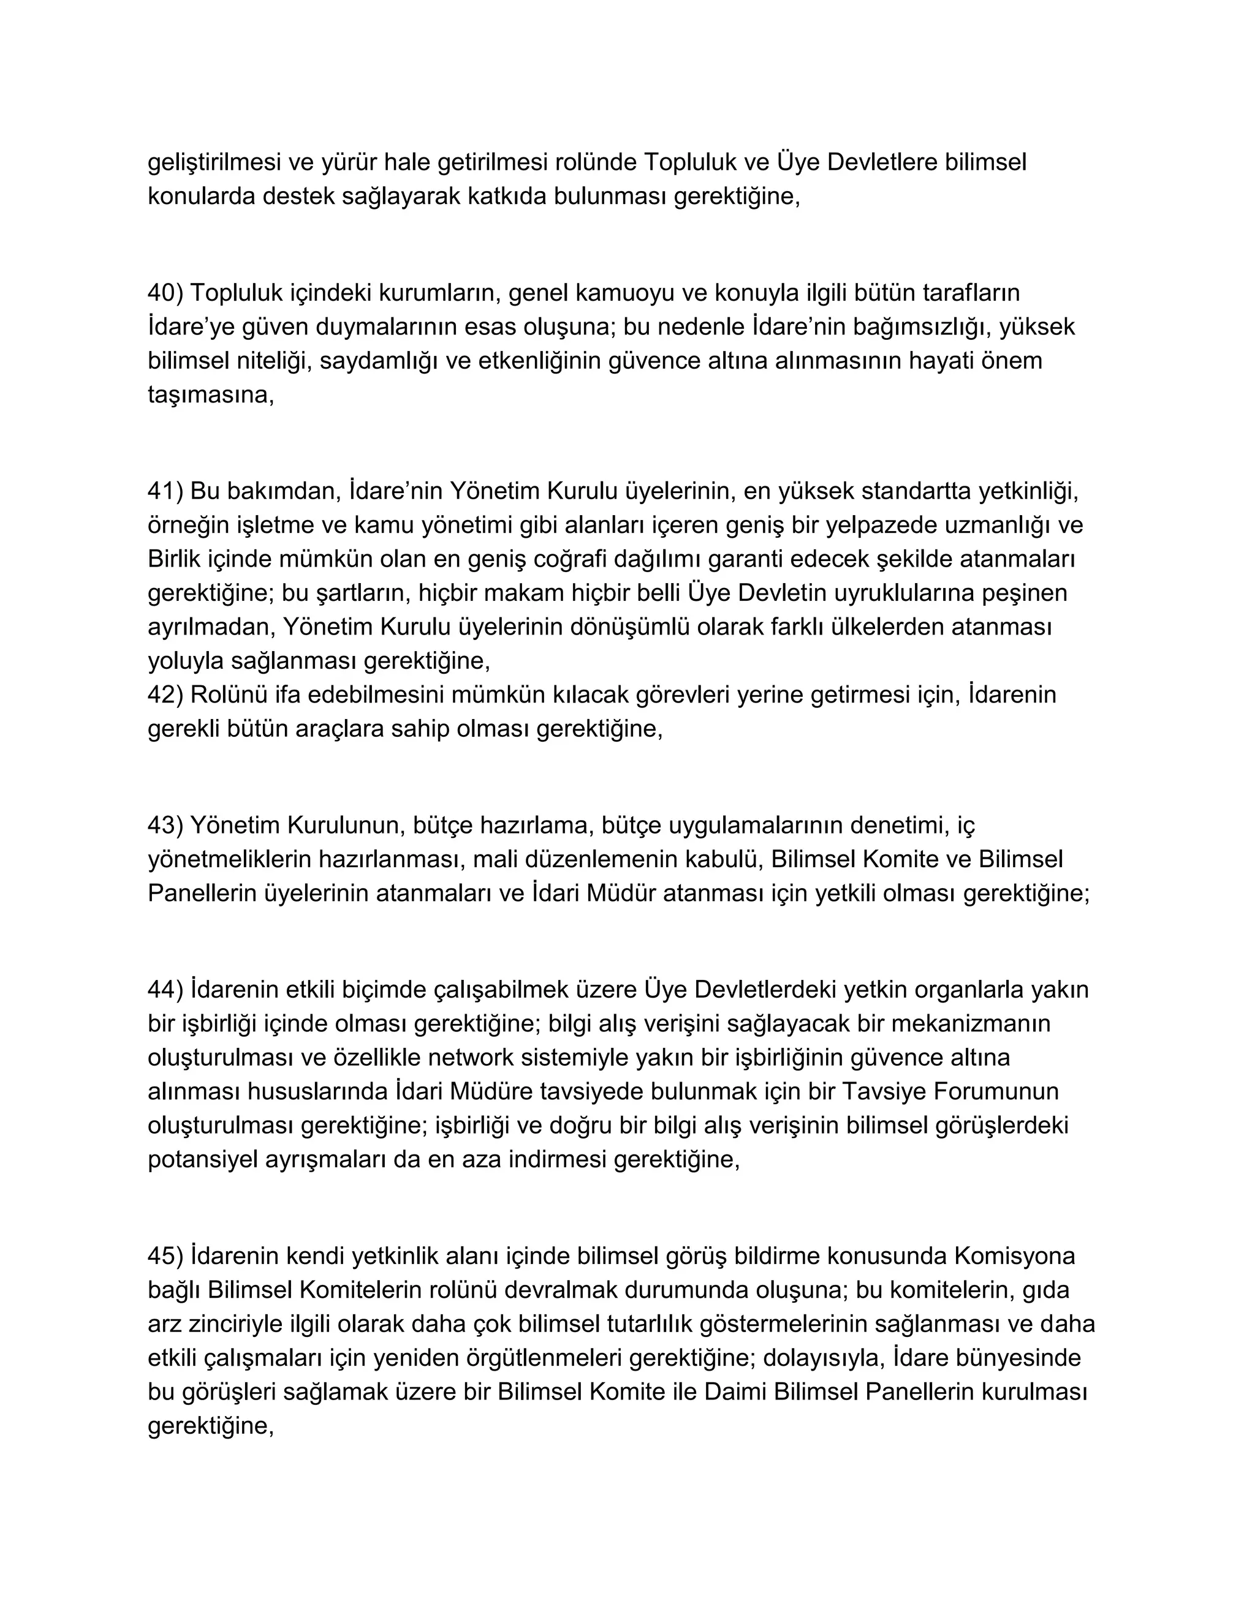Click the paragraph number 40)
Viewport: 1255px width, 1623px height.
pyautogui.click(x=165, y=293)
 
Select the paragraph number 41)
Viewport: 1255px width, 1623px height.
pyautogui.click(x=165, y=491)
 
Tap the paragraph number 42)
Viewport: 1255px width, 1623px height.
pyautogui.click(x=165, y=695)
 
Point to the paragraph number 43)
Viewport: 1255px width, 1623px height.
pyautogui.click(x=165, y=825)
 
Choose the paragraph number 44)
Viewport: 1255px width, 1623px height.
pyautogui.click(x=165, y=990)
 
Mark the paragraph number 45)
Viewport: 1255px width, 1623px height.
pyautogui.click(x=165, y=1256)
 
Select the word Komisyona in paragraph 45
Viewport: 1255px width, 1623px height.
pyautogui.click(x=1014, y=1256)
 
